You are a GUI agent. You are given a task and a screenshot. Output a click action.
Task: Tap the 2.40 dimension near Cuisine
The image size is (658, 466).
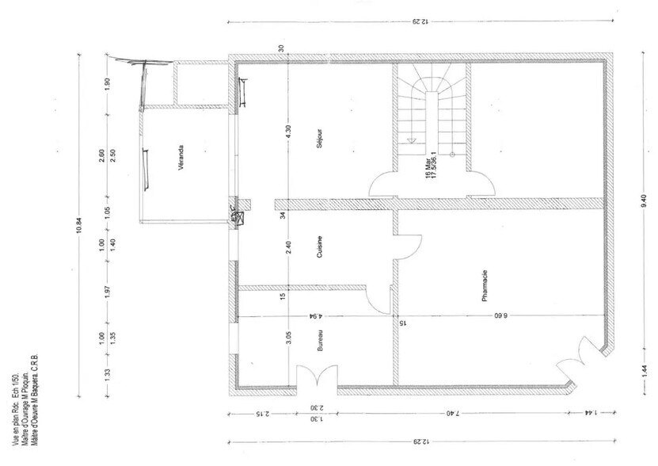289,250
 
